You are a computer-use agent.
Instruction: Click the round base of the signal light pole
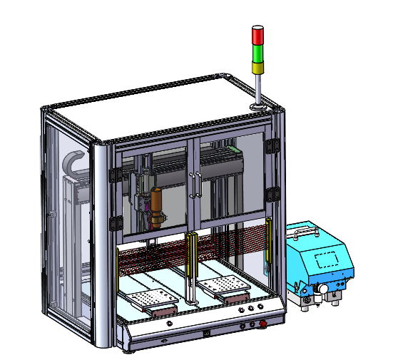[259, 108]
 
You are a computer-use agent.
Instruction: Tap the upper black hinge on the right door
[270, 145]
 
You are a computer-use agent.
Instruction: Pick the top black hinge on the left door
[112, 175]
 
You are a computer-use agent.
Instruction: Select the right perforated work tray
[223, 287]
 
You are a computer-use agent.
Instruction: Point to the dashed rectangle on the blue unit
[327, 258]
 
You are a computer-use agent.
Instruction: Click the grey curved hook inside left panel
[75, 164]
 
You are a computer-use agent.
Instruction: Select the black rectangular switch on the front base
[206, 332]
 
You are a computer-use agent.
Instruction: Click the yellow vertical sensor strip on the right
[267, 246]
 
